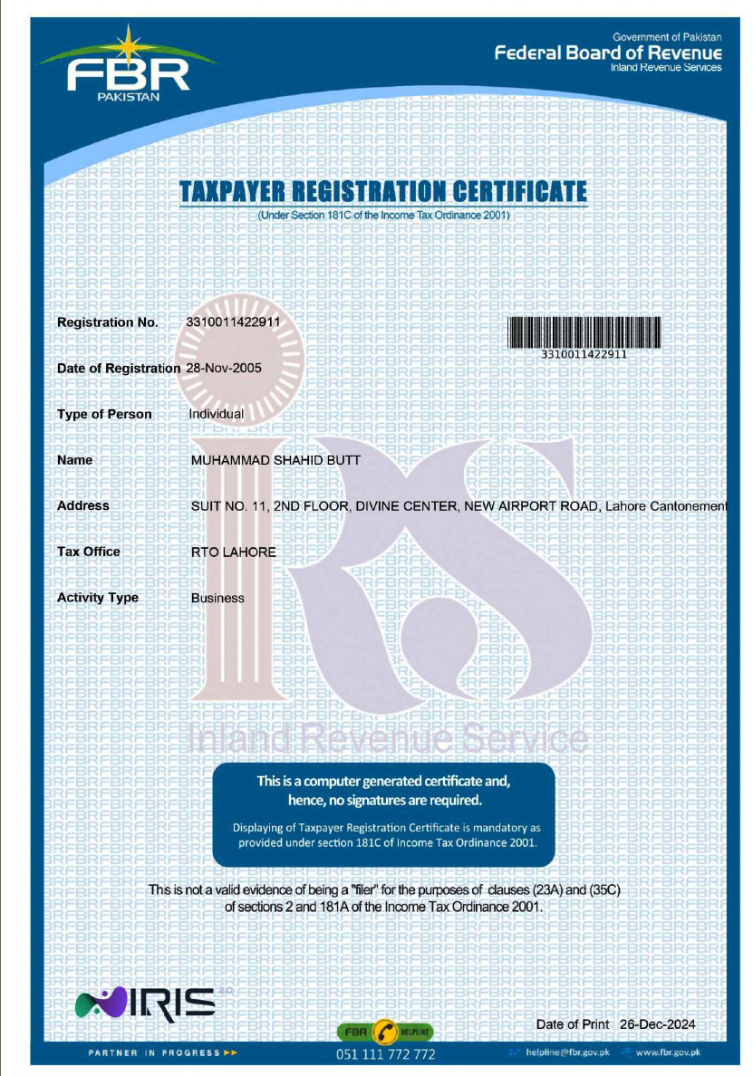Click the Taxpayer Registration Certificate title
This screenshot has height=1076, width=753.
coord(383,192)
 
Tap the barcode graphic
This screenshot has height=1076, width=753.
coord(584,331)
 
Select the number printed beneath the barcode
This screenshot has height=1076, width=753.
coord(584,354)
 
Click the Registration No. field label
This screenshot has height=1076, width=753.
coord(107,322)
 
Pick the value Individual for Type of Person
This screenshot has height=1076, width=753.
coord(216,414)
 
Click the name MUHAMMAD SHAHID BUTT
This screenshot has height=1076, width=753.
coord(275,460)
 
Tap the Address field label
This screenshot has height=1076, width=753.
coord(82,505)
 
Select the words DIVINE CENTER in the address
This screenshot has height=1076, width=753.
coord(404,505)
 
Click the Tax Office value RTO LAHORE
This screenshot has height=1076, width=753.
coord(233,552)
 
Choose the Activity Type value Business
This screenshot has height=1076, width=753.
coord(217,598)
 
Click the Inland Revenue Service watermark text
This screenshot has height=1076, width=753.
coord(381,740)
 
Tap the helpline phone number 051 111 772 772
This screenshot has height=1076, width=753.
coord(385,1055)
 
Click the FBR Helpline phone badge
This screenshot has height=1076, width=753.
coord(385,1032)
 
